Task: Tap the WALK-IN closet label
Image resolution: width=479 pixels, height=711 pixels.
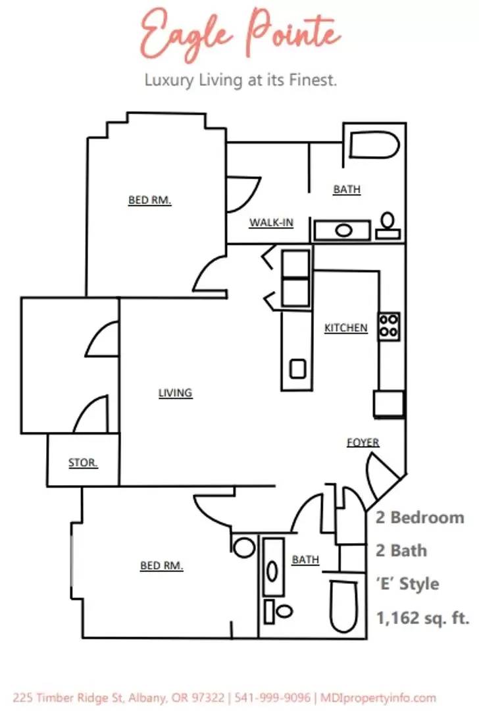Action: click(x=270, y=223)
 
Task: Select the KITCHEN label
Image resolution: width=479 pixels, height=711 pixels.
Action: click(x=345, y=328)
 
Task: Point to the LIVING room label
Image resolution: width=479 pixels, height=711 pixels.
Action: click(x=175, y=393)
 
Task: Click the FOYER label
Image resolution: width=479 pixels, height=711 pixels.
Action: click(x=363, y=442)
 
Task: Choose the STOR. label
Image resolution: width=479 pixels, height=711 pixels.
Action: click(x=83, y=463)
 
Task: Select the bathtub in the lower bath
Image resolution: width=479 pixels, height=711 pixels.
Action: click(x=345, y=606)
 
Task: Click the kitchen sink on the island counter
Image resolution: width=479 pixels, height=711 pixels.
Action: click(x=298, y=369)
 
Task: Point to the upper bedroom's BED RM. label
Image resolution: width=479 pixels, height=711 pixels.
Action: click(x=149, y=200)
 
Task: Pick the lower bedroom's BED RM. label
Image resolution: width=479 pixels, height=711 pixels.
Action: click(x=161, y=566)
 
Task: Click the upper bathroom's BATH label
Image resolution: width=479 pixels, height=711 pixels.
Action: click(x=346, y=190)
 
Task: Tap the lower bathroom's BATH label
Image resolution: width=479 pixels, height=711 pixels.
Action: click(x=305, y=560)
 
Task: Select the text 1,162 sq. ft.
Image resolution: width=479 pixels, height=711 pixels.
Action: click(x=422, y=618)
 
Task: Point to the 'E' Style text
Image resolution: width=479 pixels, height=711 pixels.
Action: click(x=407, y=584)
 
